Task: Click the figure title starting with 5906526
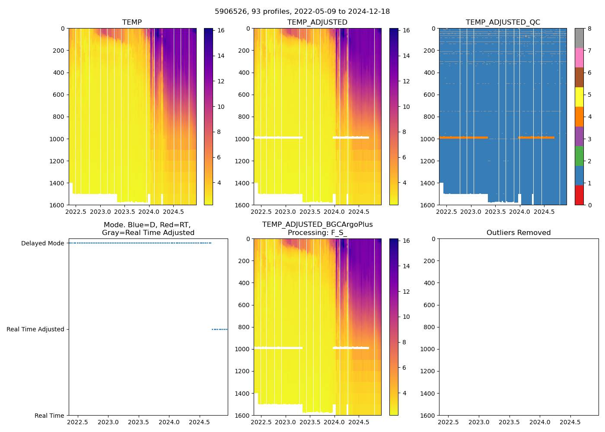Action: (x=302, y=12)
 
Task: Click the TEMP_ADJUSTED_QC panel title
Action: (x=503, y=22)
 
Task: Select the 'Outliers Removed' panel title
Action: (x=518, y=233)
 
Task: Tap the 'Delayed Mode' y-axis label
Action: (x=42, y=244)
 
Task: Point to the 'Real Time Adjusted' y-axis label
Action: (x=35, y=329)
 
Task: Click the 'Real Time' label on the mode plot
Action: (x=49, y=416)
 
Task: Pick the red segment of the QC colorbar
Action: (x=579, y=195)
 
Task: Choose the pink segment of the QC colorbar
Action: (x=579, y=58)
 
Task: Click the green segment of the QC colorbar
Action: (x=579, y=156)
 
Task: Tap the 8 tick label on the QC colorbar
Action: (x=589, y=29)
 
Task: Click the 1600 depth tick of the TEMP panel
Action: (x=57, y=205)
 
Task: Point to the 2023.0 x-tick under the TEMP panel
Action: (x=100, y=212)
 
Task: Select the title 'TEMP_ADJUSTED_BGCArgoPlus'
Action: (x=317, y=225)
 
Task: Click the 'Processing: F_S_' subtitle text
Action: (x=317, y=233)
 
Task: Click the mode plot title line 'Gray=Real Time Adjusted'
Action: (x=148, y=233)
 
